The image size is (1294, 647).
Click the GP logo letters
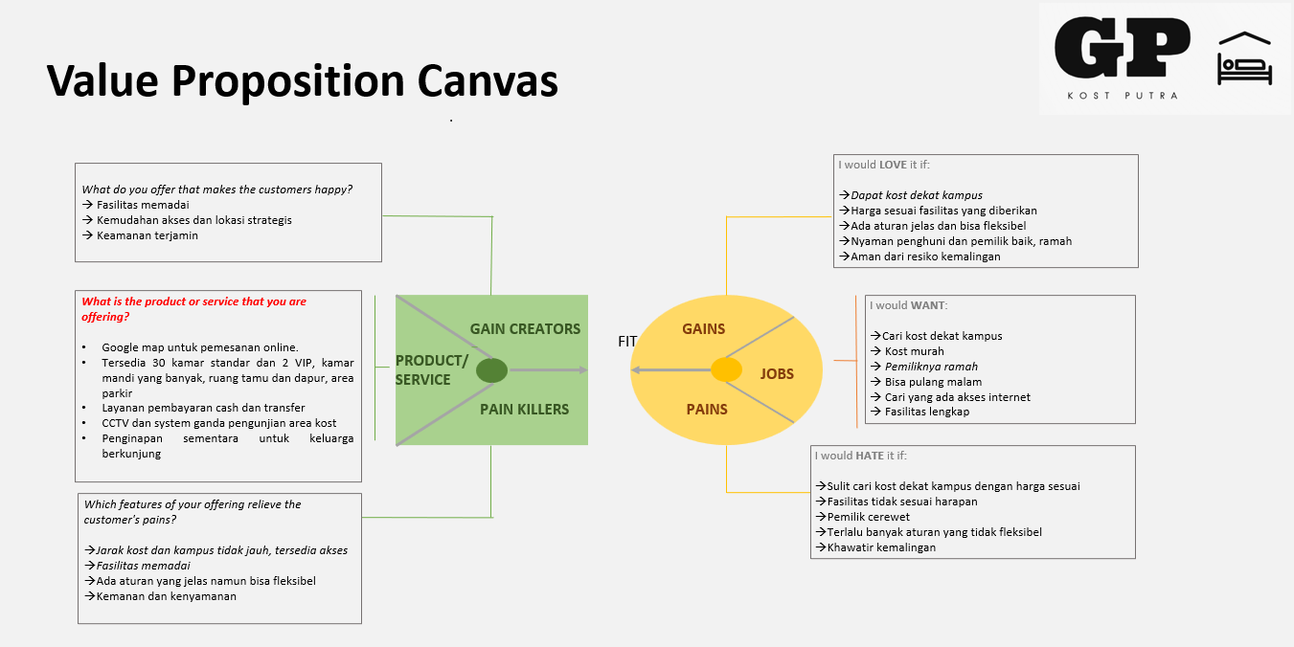[x=1122, y=49]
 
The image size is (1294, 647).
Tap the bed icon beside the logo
[x=1244, y=59]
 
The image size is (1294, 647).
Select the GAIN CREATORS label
[x=525, y=328]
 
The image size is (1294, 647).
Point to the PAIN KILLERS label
[x=524, y=409]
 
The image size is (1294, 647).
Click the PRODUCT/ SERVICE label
[x=431, y=369]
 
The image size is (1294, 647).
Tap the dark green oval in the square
[x=492, y=370]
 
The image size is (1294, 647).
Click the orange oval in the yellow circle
[x=726, y=369]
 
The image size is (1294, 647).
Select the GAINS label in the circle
[x=703, y=328]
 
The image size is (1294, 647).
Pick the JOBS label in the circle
[x=777, y=373]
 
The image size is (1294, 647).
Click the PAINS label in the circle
[x=707, y=409]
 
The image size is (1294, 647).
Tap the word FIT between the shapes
[x=627, y=341]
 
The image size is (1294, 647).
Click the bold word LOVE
[x=893, y=165]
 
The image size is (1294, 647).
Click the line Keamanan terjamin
[x=147, y=235]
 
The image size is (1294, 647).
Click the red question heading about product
[x=193, y=308]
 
